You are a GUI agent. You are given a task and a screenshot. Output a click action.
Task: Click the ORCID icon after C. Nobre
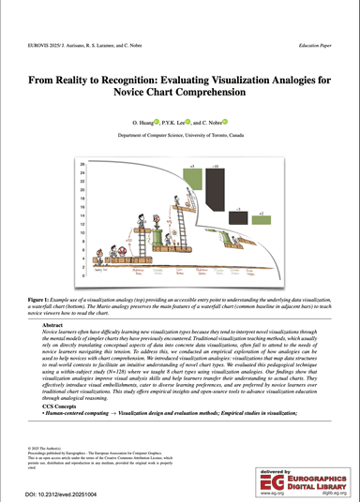click(225, 122)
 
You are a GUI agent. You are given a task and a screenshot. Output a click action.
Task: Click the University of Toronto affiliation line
click(180, 135)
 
